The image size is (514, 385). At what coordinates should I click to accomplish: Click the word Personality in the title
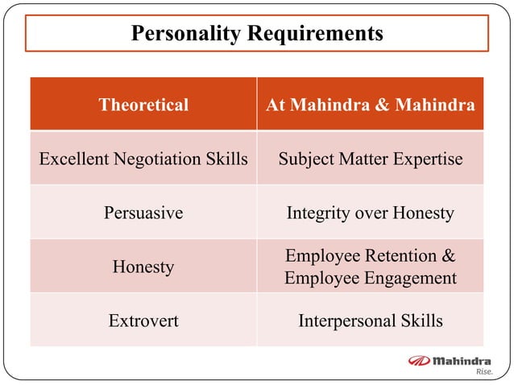coord(184,34)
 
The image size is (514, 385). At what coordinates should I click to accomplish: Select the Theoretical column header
coord(143,105)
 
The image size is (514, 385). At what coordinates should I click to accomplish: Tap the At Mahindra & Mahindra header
coord(371,105)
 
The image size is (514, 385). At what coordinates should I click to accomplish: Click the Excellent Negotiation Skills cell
coord(143,159)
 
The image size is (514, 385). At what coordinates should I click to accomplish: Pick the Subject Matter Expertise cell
coord(371,159)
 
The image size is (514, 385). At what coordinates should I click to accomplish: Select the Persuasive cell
coord(143,213)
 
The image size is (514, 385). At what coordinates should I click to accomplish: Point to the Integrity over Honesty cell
coord(371,213)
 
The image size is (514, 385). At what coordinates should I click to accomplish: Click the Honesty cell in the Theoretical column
coord(143,267)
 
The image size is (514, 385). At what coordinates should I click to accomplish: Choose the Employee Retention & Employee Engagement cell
coord(371,267)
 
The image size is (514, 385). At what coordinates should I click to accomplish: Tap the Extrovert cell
coord(143,321)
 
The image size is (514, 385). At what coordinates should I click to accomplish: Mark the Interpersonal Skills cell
coord(371,321)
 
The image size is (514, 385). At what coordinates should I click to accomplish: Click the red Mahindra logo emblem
coord(420,361)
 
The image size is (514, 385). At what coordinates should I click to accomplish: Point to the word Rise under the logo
coord(483,372)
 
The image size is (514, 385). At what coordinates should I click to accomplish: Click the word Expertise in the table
coord(428,159)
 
